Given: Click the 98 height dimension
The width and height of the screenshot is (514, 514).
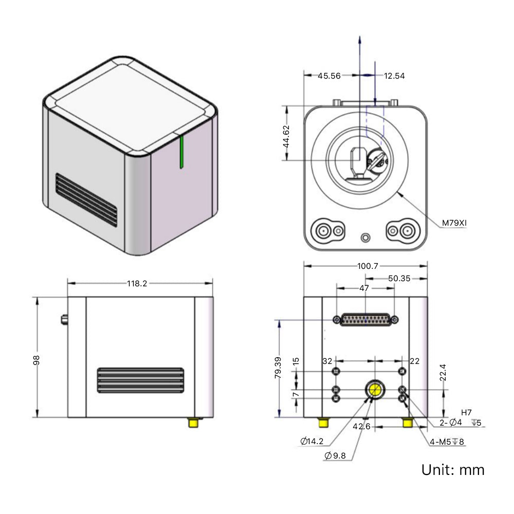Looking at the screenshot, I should tap(36, 360).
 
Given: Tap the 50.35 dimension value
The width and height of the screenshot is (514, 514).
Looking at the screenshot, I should tap(399, 278).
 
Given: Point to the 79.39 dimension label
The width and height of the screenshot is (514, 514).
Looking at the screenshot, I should tap(278, 368).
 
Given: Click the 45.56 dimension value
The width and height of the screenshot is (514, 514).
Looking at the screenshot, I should tap(329, 76).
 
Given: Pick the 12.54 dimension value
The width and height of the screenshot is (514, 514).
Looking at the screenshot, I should tap(394, 76).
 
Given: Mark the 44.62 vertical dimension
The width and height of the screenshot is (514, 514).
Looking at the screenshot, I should tap(286, 137).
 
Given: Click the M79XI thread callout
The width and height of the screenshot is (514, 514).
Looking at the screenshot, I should tap(454, 223).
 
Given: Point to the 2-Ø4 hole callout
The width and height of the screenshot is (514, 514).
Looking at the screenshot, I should tap(451, 423).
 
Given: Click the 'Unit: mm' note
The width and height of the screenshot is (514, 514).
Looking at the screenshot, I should tap(452, 469).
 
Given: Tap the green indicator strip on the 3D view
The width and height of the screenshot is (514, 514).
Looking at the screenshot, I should tap(181, 152).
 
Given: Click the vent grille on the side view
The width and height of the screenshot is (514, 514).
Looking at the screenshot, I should tap(140, 380).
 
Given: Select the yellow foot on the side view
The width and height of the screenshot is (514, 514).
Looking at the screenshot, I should tap(194, 423).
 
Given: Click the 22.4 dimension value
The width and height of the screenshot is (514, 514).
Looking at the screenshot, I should tap(443, 372).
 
